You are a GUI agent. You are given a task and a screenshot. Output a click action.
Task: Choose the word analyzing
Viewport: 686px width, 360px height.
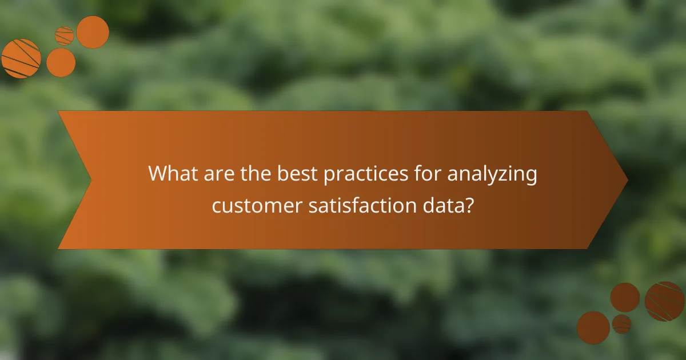492,175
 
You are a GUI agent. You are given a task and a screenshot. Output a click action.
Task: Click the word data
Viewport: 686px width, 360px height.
445,205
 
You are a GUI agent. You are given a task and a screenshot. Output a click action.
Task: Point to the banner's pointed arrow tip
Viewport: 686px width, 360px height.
627,180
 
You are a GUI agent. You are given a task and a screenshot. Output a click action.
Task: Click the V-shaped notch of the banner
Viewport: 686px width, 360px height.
90,180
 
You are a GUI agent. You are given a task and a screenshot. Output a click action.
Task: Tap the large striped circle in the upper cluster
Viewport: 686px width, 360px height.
21,58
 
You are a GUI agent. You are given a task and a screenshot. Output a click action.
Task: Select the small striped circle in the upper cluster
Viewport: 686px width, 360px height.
65,35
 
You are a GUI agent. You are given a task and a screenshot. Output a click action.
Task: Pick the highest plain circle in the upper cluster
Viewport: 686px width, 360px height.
93,32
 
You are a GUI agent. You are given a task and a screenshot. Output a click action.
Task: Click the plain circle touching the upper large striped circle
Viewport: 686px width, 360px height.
61,62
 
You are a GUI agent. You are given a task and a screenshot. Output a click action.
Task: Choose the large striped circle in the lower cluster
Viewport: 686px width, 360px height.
665,301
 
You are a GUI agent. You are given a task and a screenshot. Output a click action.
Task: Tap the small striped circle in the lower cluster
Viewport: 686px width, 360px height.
621,323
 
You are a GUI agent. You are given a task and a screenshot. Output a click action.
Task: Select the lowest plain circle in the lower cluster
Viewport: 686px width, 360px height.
593,327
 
